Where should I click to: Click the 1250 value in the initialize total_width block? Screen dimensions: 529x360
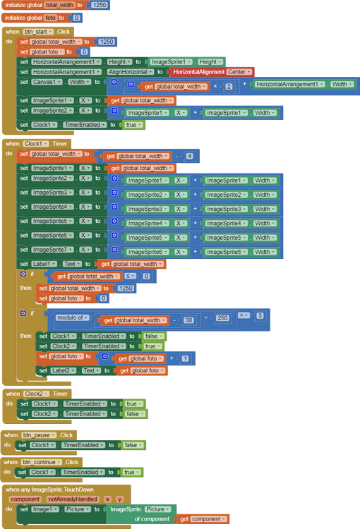pyautogui.click(x=100, y=5)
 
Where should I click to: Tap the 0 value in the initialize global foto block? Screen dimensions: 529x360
pyautogui.click(x=76, y=17)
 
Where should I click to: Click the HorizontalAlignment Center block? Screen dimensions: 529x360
pyautogui.click(x=210, y=72)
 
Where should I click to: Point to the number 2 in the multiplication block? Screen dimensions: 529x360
pyautogui.click(x=229, y=86)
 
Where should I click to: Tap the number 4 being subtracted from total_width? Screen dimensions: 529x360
pyautogui.click(x=189, y=156)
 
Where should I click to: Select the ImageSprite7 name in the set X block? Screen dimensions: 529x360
pyautogui.click(x=53, y=249)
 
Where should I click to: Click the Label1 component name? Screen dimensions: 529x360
pyautogui.click(x=44, y=264)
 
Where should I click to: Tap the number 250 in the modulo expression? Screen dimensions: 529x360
pyautogui.click(x=222, y=317)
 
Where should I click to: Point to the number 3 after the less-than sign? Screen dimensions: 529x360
pyautogui.click(x=260, y=315)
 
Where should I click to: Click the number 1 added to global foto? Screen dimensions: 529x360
pyautogui.click(x=184, y=358)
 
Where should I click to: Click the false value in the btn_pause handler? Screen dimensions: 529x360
pyautogui.click(x=131, y=445)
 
